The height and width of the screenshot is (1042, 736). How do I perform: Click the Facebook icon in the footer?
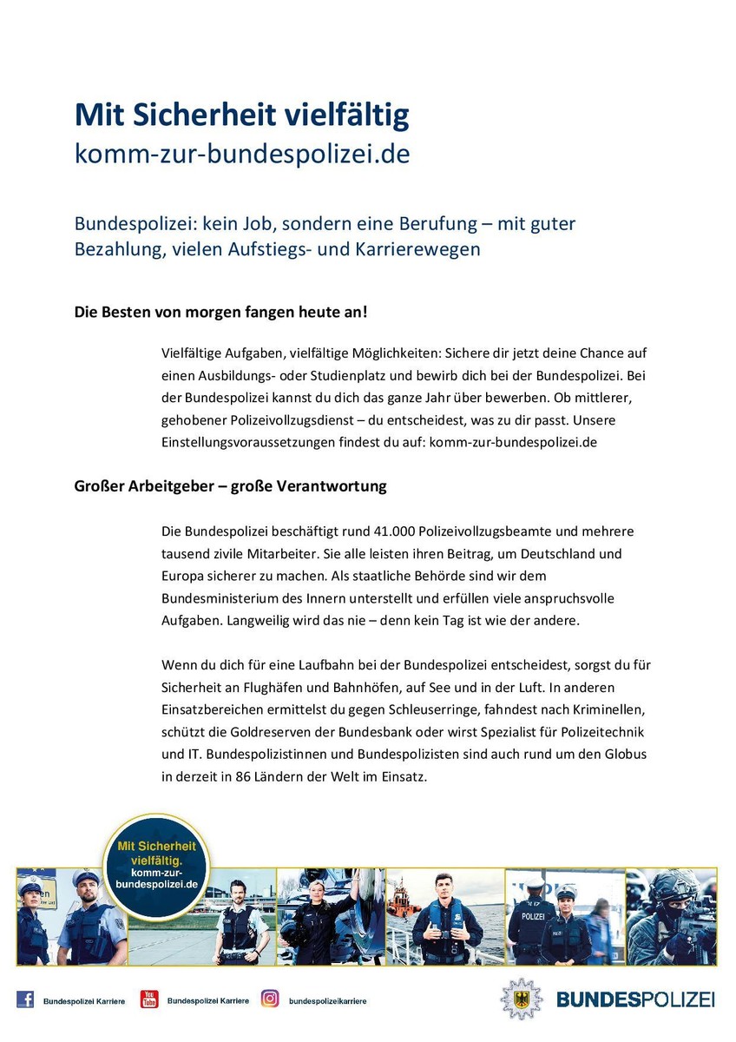[x=26, y=999]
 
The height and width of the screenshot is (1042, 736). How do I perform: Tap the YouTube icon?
[x=149, y=999]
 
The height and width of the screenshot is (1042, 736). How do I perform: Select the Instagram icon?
[x=271, y=999]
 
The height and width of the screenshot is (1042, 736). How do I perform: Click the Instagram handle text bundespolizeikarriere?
[x=327, y=1001]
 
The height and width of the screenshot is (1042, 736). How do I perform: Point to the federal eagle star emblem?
[x=521, y=999]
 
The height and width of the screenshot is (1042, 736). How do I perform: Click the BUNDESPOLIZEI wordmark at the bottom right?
[x=635, y=999]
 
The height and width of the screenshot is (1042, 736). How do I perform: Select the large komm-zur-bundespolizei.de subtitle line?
[x=242, y=154]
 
